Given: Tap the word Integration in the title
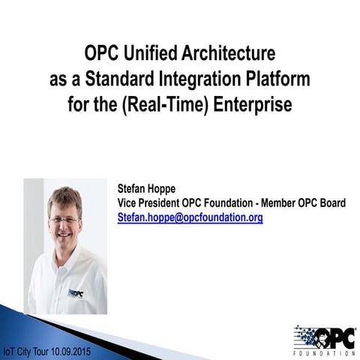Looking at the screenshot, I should (196, 79).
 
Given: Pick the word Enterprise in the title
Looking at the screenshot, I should (253, 103).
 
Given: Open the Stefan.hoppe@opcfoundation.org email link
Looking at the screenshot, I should (190, 217).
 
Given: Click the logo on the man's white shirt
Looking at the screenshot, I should (76, 293).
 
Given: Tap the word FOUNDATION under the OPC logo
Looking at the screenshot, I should (324, 352).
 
